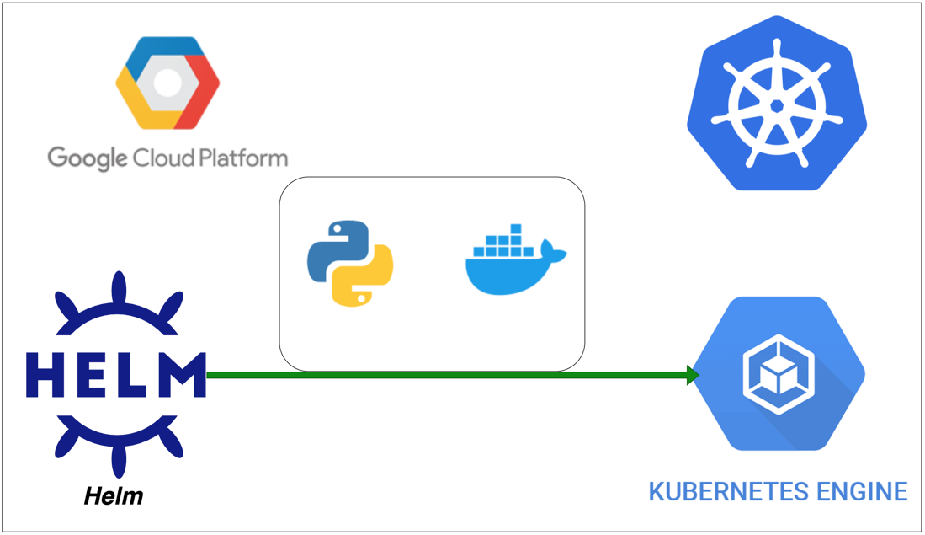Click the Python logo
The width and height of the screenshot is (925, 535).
(351, 263)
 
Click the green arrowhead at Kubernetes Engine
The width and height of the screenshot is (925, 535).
(693, 375)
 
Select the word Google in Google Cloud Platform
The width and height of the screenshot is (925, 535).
(87, 158)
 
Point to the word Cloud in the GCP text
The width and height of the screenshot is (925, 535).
(159, 158)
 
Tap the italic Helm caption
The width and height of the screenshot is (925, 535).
(114, 495)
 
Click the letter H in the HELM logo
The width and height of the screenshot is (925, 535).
(45, 375)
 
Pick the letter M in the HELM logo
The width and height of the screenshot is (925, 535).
(182, 375)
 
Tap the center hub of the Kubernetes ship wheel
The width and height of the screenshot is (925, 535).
(777, 105)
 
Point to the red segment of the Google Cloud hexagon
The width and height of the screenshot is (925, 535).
(201, 101)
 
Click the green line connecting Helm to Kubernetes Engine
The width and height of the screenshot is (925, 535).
(446, 375)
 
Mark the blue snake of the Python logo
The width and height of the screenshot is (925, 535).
(335, 244)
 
